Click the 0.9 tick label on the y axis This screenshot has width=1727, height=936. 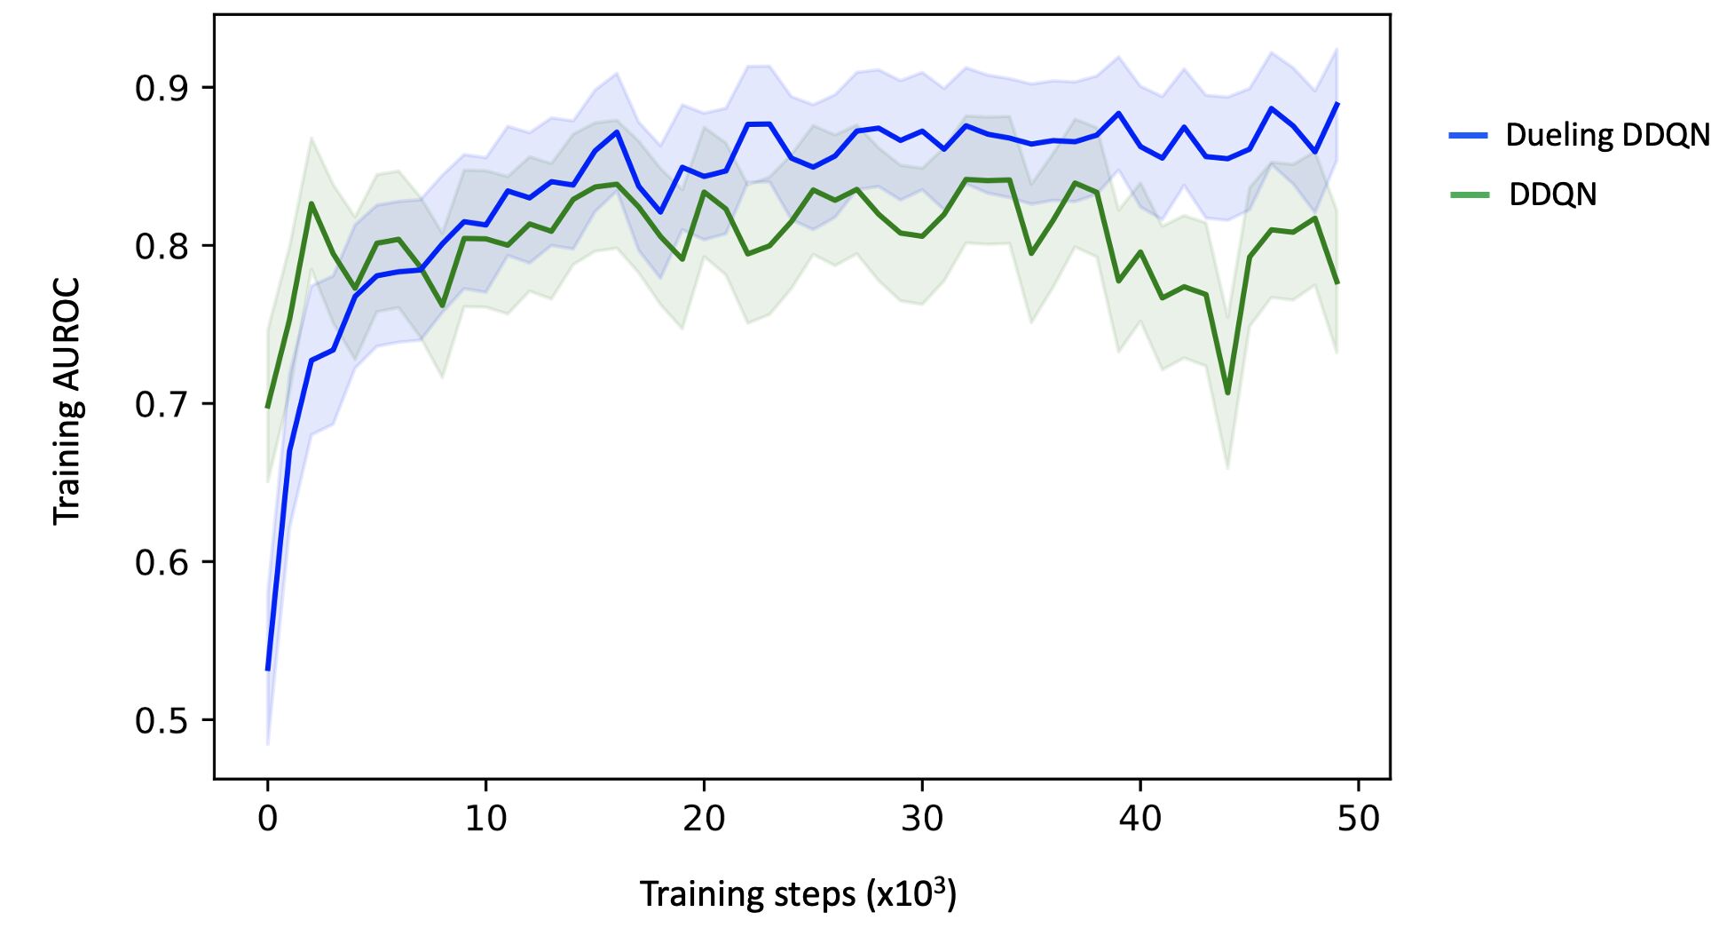[162, 88]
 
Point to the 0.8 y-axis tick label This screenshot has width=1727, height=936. [162, 246]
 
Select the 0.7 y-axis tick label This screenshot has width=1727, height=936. [162, 404]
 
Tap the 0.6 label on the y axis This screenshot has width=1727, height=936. [162, 562]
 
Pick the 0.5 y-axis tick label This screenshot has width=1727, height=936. [162, 720]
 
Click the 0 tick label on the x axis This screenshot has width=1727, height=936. [267, 818]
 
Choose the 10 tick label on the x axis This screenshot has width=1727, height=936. [485, 818]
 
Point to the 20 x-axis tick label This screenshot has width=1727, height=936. [704, 818]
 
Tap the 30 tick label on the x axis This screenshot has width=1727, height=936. [922, 818]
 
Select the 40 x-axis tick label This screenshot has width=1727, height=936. [1140, 818]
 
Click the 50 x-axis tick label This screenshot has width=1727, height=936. [1359, 818]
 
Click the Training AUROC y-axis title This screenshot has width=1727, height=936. [67, 401]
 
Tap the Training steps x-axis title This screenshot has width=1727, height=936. [797, 893]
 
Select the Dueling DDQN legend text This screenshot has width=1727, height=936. [1607, 135]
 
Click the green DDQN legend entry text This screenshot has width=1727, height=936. [1552, 194]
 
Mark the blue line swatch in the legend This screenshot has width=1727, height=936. [1468, 135]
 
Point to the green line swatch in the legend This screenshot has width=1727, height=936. [1468, 194]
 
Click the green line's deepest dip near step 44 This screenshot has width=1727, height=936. [1227, 393]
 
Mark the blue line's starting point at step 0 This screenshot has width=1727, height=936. [268, 669]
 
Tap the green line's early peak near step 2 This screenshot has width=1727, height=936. [311, 203]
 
